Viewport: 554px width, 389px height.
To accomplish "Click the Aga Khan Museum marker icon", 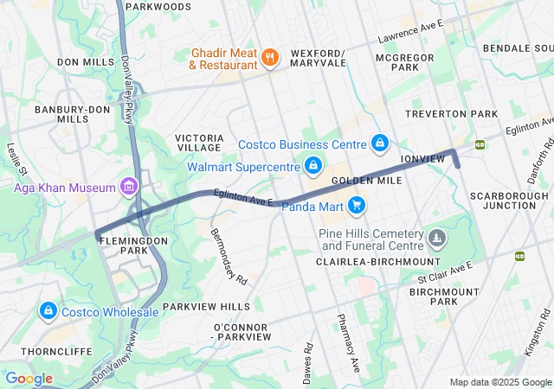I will click(x=129, y=187).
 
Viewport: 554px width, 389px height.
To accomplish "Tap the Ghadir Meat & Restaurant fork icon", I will click(x=270, y=58).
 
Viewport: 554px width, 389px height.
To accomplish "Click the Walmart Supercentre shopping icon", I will click(x=313, y=165).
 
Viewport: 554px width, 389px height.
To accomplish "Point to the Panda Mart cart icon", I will click(x=356, y=206).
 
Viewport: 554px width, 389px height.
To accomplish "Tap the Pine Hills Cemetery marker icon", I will click(x=439, y=236).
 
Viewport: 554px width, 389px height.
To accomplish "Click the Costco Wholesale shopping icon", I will click(x=48, y=311).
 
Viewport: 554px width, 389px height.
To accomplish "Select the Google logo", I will click(x=29, y=378).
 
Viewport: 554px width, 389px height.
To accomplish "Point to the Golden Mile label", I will click(x=366, y=181).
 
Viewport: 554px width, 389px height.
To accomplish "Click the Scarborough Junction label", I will click(x=509, y=201).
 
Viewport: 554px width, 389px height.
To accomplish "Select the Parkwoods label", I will click(x=158, y=7).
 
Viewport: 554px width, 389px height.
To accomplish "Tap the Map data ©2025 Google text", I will click(x=499, y=382).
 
